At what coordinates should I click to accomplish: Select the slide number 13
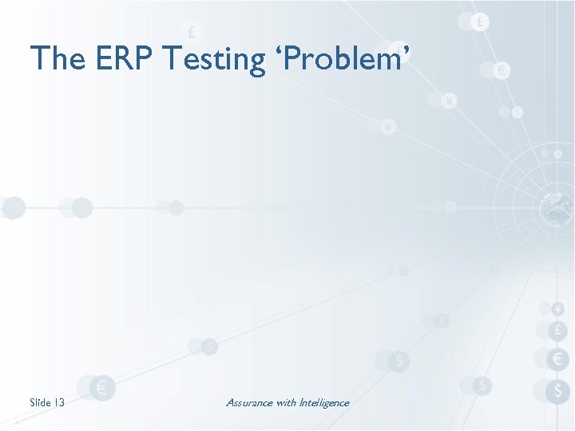59,402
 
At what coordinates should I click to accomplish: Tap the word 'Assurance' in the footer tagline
249,402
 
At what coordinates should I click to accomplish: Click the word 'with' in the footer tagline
286,402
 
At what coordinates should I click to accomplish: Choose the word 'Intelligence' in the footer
324,402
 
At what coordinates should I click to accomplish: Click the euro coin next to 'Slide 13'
101,388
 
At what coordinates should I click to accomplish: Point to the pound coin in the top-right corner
479,22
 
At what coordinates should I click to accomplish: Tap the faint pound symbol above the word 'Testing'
192,32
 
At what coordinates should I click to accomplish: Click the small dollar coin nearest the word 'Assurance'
209,346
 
